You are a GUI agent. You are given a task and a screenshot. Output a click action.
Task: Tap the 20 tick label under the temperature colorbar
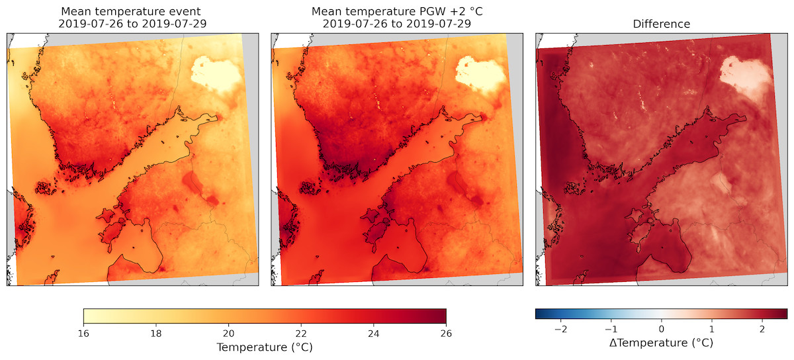(229, 333)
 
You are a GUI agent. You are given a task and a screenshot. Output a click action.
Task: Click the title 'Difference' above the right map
(661, 24)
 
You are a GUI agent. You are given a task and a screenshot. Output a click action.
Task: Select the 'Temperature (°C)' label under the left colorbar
(265, 347)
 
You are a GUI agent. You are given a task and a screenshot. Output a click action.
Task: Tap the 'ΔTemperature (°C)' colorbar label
(661, 343)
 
